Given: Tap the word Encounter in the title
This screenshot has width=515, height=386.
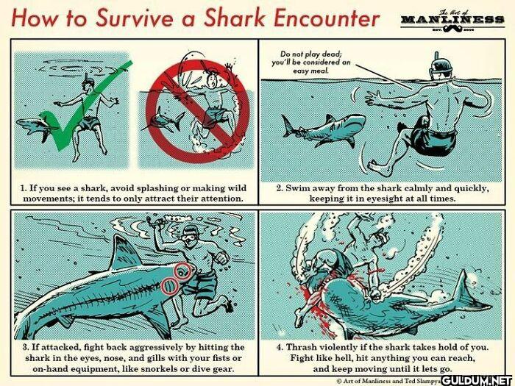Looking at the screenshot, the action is tap(326, 18).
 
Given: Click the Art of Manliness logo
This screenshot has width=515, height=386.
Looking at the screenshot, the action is tap(452, 21).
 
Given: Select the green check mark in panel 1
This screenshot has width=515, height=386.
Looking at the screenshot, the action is tap(82, 105).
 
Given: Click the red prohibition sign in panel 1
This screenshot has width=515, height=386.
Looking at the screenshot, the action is tap(197, 112).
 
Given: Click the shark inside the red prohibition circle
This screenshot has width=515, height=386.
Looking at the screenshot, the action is tap(163, 121).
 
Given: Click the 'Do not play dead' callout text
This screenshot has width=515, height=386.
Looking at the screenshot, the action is tap(310, 62).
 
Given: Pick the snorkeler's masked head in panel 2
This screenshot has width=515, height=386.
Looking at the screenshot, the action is tap(440, 68).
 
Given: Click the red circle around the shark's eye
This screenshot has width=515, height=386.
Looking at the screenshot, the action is tap(182, 271).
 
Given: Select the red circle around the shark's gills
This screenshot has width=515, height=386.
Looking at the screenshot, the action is tap(170, 286).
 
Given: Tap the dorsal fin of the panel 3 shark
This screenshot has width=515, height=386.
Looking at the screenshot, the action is tap(123, 253).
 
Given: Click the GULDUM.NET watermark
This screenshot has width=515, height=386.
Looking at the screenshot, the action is tap(477, 381).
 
